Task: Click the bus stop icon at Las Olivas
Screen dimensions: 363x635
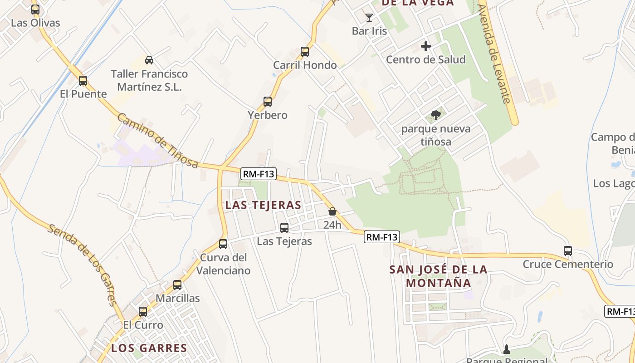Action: [x=35, y=9]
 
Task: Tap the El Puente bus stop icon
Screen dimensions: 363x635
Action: [x=83, y=81]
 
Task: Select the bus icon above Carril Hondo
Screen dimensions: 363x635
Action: [x=305, y=52]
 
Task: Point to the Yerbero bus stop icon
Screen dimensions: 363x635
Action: [x=268, y=102]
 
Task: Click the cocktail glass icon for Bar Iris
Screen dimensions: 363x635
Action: [x=369, y=18]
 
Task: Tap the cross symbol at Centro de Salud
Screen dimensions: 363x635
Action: [x=425, y=46]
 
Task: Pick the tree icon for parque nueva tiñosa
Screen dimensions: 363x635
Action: [x=436, y=115]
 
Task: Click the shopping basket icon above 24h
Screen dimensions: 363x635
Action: [x=332, y=211]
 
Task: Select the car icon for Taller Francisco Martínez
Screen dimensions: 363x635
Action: [x=149, y=60]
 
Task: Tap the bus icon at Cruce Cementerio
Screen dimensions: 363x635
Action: [x=567, y=250]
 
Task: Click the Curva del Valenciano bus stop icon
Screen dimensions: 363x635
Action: [x=223, y=244]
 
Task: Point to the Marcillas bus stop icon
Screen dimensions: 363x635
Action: [x=177, y=285]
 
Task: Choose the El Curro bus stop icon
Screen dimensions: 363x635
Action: [x=143, y=312]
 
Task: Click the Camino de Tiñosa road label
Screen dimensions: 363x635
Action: [x=158, y=140]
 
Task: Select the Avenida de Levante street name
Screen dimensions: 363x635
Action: [x=494, y=54]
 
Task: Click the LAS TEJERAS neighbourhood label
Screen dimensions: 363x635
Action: [x=263, y=205]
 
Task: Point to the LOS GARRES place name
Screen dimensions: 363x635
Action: [x=149, y=348]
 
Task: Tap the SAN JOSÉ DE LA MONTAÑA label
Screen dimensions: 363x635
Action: [x=438, y=276]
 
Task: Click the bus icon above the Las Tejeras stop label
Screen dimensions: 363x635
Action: [x=284, y=228]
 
